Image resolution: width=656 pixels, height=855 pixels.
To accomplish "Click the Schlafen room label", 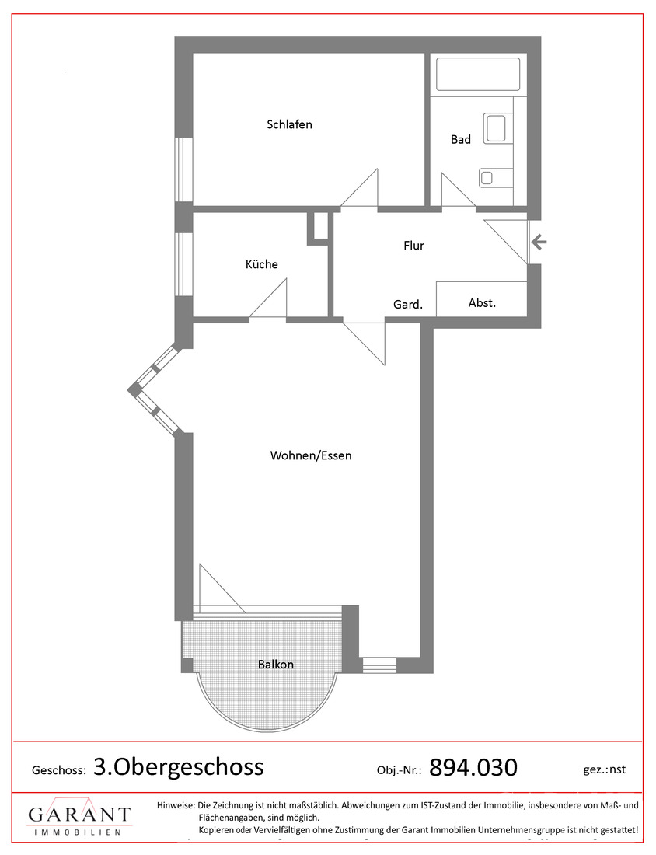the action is [289, 124].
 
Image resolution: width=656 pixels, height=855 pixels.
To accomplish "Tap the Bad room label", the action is [460, 139].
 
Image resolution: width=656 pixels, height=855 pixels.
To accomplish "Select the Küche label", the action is [261, 264].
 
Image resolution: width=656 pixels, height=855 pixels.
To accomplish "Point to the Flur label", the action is [413, 246].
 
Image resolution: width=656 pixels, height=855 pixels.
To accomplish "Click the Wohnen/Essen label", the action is [311, 455].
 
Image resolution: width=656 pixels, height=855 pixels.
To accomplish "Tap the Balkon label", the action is [275, 664].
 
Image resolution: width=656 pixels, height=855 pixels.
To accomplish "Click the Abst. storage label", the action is [482, 302].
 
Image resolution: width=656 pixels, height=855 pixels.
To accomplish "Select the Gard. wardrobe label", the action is [408, 304].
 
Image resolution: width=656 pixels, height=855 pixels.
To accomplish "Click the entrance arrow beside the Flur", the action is [539, 242].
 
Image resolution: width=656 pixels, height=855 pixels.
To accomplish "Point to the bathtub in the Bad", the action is [478, 74].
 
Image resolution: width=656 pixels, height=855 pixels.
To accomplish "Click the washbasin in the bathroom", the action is [496, 128].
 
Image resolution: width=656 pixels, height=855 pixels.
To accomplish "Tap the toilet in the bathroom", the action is [496, 177].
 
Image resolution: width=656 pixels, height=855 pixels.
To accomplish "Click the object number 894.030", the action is [473, 767].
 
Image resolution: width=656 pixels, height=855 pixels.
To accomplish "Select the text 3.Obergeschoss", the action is [178, 766].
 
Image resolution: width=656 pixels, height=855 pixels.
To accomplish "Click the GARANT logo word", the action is [79, 815].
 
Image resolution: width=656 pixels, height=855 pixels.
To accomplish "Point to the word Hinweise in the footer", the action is [176, 805].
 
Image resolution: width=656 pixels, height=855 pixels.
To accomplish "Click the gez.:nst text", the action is [604, 769].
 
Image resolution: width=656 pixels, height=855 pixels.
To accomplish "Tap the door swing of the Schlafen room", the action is [359, 188].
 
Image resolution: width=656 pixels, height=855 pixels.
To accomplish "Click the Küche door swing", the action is [268, 298].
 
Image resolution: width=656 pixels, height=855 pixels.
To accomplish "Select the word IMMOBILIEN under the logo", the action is [78, 832].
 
